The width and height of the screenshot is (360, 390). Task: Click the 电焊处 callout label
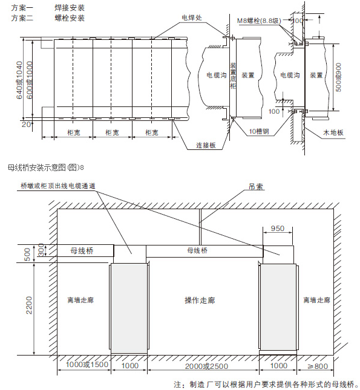(191, 18)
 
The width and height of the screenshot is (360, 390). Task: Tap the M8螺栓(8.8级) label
(259, 21)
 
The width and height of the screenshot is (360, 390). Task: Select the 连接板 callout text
(206, 145)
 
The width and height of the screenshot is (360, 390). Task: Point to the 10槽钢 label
(259, 131)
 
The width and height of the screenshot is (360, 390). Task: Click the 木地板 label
(333, 132)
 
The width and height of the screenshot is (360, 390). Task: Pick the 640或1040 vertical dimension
(19, 80)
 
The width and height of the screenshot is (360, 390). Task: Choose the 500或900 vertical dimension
(339, 77)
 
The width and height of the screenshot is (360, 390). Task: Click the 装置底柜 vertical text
(233, 76)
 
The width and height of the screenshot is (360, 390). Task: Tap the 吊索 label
(256, 187)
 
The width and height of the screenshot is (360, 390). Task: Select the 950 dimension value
(278, 228)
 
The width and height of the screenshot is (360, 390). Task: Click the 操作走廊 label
(200, 301)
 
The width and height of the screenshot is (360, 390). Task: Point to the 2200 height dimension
(28, 305)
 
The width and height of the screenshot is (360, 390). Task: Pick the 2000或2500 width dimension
(206, 366)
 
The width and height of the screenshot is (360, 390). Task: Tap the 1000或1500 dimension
(87, 365)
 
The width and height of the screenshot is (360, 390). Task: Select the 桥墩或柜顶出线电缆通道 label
(57, 186)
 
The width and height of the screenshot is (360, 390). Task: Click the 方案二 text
(22, 18)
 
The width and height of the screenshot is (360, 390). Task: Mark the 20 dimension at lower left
(26, 124)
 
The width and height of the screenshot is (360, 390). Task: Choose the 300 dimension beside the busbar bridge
(41, 250)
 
